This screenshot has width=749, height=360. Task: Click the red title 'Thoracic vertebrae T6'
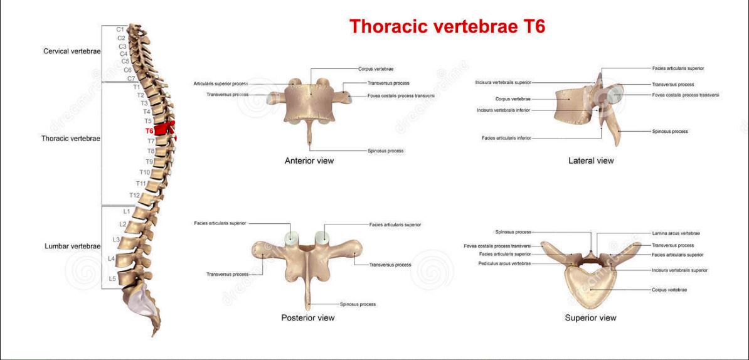click(447, 27)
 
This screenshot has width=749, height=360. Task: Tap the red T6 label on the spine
click(149, 130)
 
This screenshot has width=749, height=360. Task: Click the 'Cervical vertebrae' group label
click(72, 51)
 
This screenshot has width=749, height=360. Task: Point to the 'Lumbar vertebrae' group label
click(72, 246)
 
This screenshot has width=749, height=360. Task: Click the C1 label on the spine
click(120, 29)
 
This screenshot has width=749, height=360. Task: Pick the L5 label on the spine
click(112, 278)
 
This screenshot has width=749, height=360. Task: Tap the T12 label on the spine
click(134, 195)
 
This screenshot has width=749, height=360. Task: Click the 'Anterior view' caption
click(309, 161)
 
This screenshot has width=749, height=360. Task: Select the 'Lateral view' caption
click(591, 161)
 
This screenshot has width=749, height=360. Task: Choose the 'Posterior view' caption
click(307, 317)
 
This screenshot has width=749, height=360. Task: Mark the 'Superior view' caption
click(590, 317)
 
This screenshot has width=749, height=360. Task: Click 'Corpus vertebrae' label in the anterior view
click(376, 69)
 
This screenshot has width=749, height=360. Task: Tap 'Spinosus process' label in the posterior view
click(358, 304)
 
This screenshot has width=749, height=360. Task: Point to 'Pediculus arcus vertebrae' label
click(504, 263)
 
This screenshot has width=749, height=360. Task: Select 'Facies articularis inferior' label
click(506, 139)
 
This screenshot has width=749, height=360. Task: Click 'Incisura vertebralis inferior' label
click(504, 110)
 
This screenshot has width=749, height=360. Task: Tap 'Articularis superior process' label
click(221, 83)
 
